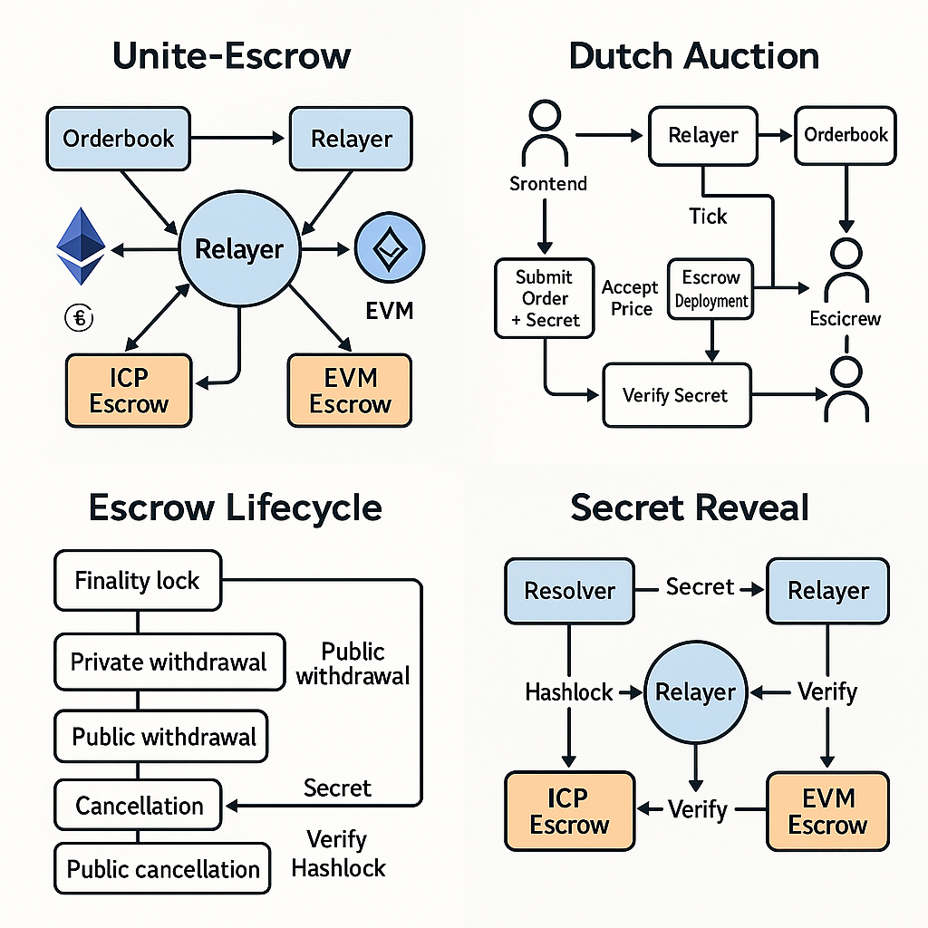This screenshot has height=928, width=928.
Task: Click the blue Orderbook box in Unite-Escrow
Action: (119, 140)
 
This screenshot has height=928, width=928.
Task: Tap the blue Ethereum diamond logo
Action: (81, 246)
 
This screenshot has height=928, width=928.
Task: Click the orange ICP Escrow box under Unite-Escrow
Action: (129, 391)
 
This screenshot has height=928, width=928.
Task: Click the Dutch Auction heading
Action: (693, 56)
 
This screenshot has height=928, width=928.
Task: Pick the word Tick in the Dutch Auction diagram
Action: (708, 217)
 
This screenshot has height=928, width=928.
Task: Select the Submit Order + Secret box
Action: (544, 298)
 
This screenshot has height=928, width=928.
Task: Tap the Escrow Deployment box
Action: (711, 289)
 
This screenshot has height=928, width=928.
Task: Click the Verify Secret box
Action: (676, 395)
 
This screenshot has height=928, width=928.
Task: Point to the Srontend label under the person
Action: (548, 184)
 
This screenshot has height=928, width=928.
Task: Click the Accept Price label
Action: (631, 298)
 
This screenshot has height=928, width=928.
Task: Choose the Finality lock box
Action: (138, 580)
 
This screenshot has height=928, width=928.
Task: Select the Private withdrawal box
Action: (169, 662)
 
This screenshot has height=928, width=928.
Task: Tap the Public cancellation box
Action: (163, 870)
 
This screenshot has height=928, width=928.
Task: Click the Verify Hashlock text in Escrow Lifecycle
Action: (338, 853)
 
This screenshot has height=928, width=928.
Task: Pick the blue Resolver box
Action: (570, 591)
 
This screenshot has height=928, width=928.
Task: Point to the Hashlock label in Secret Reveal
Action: (569, 692)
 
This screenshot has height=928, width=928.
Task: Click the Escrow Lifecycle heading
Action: (235, 507)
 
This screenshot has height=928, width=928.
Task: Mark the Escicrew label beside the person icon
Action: (846, 318)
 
